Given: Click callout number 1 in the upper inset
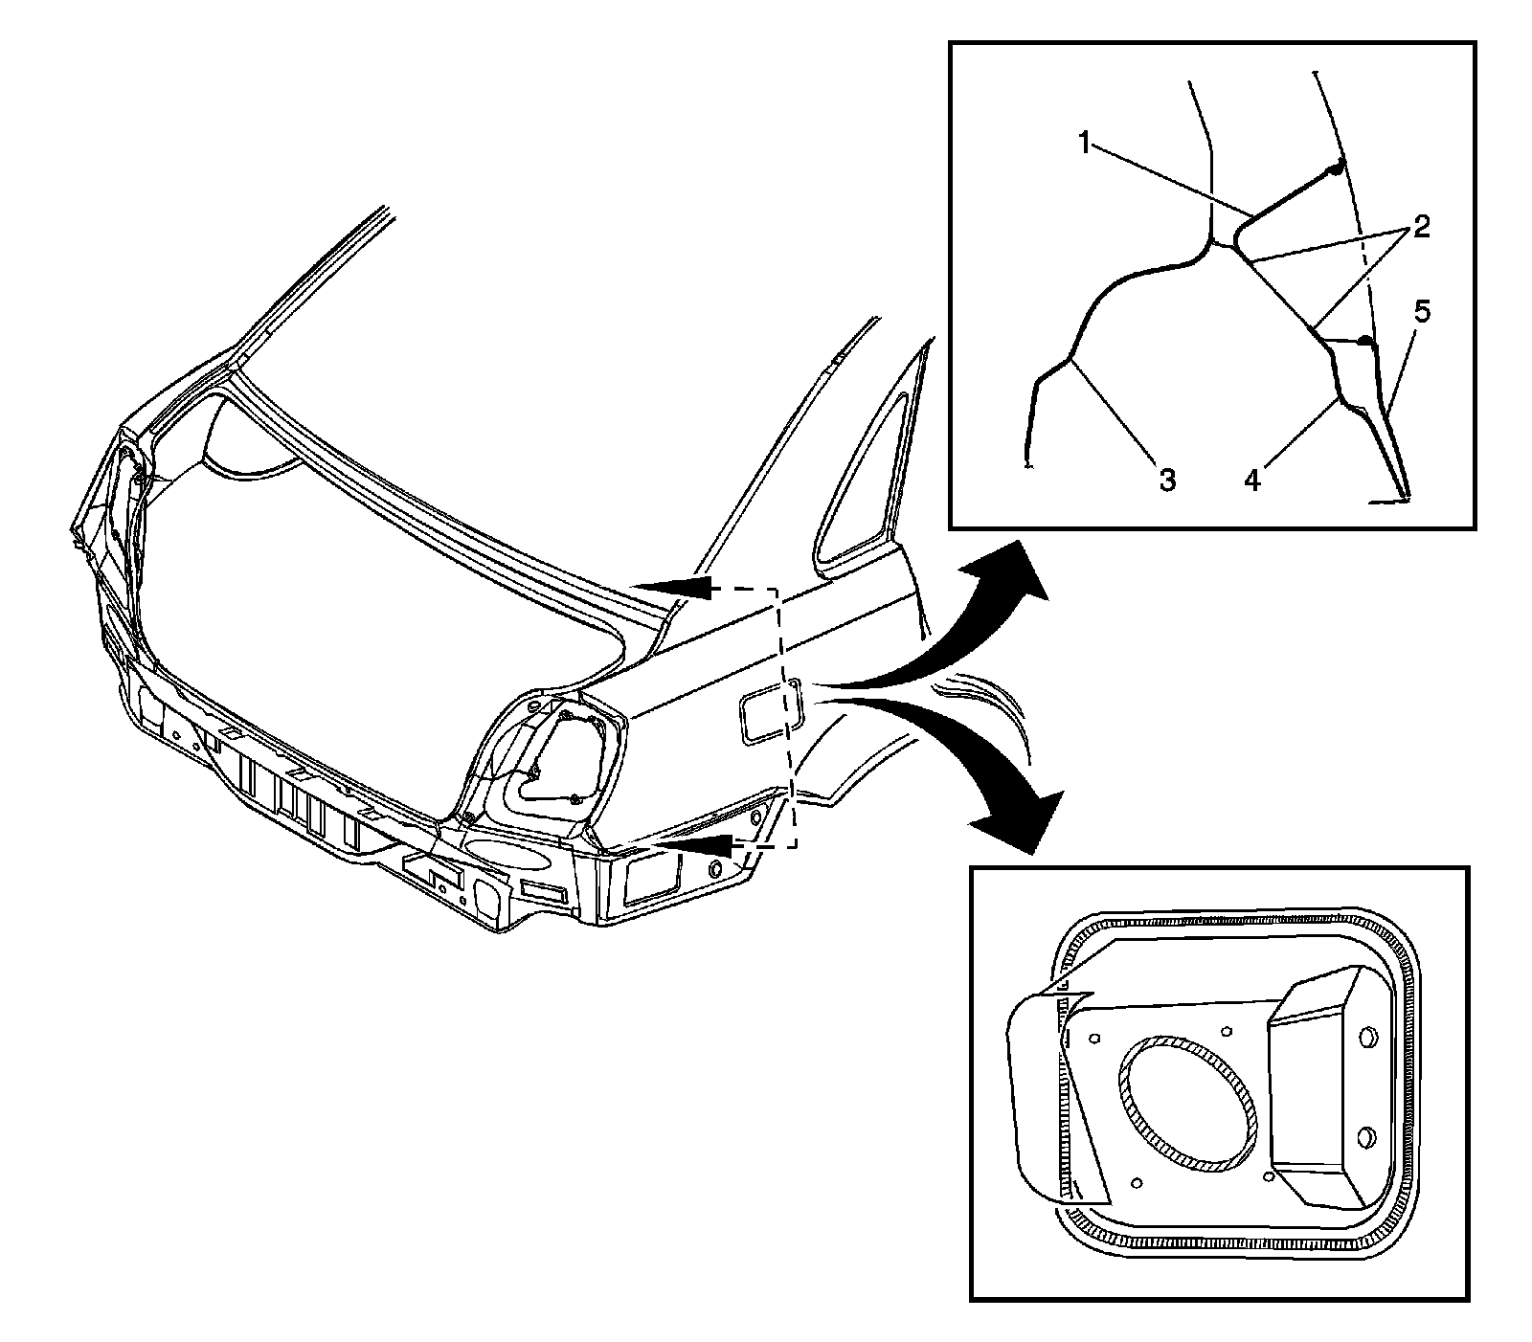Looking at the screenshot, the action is [1083, 145].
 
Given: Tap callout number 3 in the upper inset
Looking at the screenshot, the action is [1167, 480].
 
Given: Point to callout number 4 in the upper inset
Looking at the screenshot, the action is [1251, 478].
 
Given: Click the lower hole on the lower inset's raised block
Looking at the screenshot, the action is [1366, 1136].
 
